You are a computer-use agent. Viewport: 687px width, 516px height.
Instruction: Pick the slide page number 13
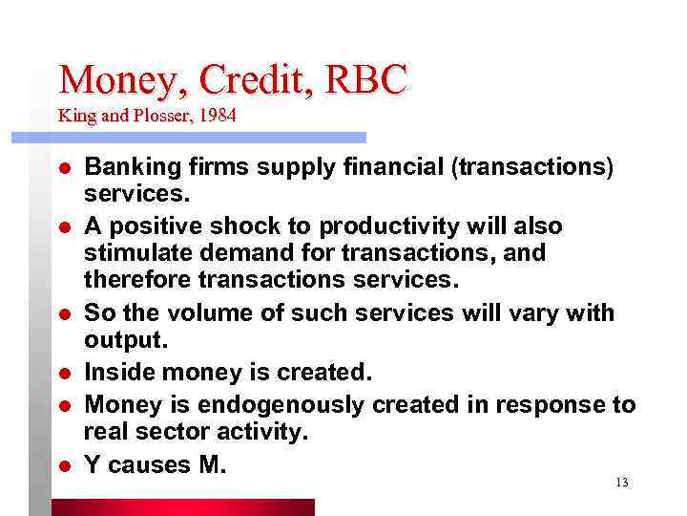[621, 483]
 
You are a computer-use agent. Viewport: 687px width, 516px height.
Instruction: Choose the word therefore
[135, 279]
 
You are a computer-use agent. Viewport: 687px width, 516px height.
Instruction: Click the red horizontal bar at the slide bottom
[181, 506]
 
